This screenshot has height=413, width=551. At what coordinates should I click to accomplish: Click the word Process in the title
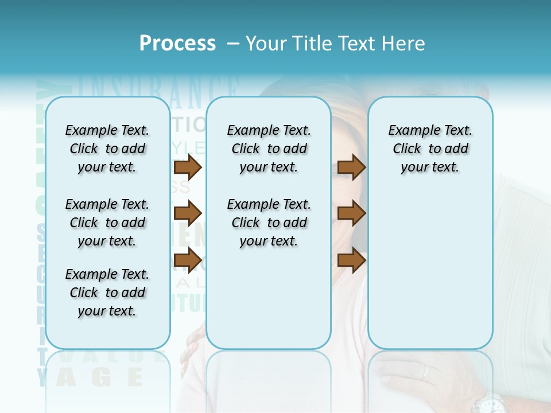(x=177, y=44)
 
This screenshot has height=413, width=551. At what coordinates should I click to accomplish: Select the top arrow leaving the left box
(x=187, y=167)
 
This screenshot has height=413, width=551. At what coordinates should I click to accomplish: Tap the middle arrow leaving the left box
(x=187, y=213)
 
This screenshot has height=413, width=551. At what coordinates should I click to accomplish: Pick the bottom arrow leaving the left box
(x=187, y=260)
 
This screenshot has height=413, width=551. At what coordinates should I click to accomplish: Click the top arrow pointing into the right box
(x=351, y=167)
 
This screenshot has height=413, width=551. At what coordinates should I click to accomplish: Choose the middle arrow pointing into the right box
(x=351, y=213)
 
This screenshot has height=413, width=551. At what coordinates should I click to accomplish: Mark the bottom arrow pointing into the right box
(x=351, y=260)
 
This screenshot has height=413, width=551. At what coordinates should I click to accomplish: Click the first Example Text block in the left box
(x=107, y=149)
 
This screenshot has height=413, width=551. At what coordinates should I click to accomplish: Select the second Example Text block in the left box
(x=107, y=223)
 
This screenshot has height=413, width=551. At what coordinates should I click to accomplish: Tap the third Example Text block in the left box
(x=107, y=293)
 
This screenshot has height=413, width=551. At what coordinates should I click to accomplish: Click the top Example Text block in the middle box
(x=269, y=149)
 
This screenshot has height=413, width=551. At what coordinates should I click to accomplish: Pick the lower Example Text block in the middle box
(x=269, y=223)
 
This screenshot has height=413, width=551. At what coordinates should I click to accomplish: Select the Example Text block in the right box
(x=430, y=149)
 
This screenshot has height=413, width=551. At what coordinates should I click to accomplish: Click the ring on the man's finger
(x=425, y=372)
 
